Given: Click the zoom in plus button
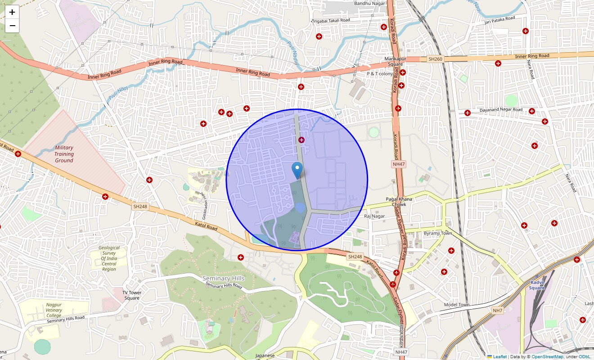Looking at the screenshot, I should pyautogui.click(x=12, y=12).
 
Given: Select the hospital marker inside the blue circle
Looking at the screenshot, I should pyautogui.click(x=301, y=140).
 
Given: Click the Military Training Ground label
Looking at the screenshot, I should pyautogui.click(x=64, y=154).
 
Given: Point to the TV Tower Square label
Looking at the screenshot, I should pyautogui.click(x=132, y=295).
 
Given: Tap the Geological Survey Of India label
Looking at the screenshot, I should pyautogui.click(x=109, y=258).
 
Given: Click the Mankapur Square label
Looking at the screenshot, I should pyautogui.click(x=394, y=61).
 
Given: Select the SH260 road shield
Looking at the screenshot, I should pyautogui.click(x=435, y=59).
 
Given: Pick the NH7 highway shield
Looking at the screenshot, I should pyautogui.click(x=497, y=310).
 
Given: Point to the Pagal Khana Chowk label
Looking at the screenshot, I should pyautogui.click(x=399, y=202).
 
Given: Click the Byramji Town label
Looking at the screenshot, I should pyautogui.click(x=438, y=233).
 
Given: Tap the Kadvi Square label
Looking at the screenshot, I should pyautogui.click(x=537, y=285).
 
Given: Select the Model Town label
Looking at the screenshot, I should pyautogui.click(x=457, y=305).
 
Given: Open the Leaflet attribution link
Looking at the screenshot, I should pyautogui.click(x=499, y=357).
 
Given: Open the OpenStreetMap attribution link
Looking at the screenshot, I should pyautogui.click(x=547, y=357).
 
